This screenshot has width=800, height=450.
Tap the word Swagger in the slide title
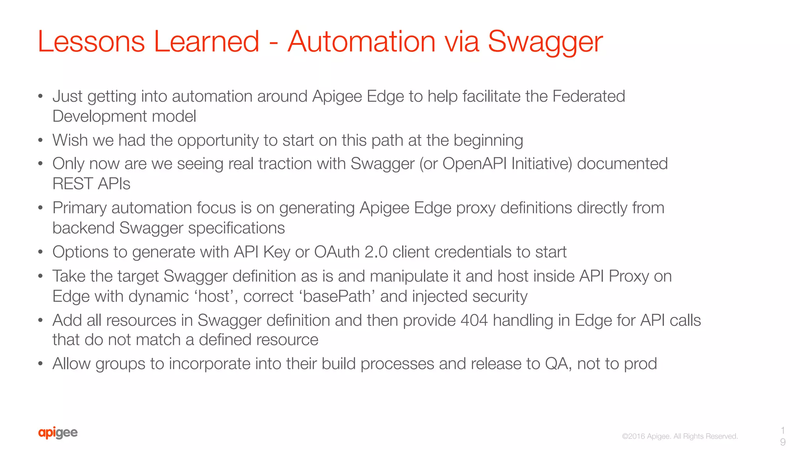tap(545, 42)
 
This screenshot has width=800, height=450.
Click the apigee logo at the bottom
tap(58, 432)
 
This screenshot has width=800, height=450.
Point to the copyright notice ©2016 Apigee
tap(680, 436)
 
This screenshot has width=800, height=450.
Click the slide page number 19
tap(782, 436)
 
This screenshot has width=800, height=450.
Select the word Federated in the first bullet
tap(589, 96)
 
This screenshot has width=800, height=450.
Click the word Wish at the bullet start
tap(70, 141)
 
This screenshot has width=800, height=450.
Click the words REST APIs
tap(91, 184)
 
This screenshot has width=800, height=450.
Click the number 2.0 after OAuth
tap(376, 252)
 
